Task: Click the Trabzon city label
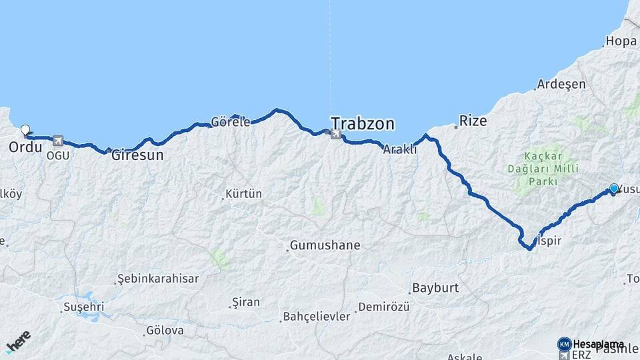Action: point(363,124)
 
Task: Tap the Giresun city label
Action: point(137,155)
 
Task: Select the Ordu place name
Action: point(25,146)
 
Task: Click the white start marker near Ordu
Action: point(25,130)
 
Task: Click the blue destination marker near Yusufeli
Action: point(614,189)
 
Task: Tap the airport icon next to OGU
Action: point(58,141)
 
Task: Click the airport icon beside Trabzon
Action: point(335,135)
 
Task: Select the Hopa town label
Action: point(621,41)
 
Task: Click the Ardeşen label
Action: point(561,85)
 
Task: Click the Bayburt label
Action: point(435,289)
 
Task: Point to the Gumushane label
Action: point(327,245)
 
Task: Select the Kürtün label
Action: point(244,195)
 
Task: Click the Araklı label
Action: point(400,150)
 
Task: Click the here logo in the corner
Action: point(18,341)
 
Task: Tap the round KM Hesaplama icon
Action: point(564,344)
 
